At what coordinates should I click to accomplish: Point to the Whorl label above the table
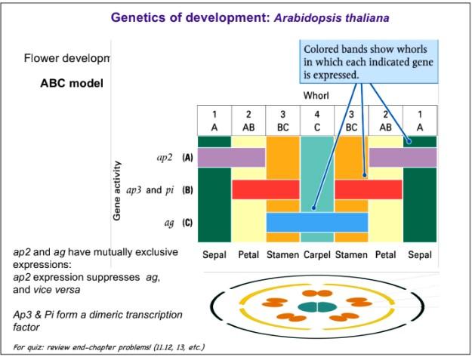tap(316, 96)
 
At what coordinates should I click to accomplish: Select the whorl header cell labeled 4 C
tap(316, 121)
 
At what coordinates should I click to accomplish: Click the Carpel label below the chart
tap(316, 255)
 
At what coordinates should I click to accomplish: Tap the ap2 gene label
tap(165, 158)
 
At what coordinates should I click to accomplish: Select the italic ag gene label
tap(169, 223)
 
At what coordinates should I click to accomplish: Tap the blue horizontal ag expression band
tap(316, 223)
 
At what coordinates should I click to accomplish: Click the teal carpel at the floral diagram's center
tap(316, 306)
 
